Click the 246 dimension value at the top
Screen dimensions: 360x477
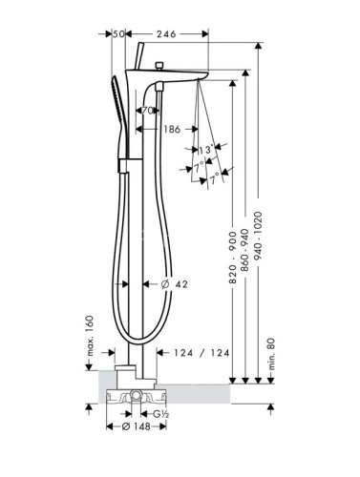point(166,33)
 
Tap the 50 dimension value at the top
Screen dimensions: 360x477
point(118,33)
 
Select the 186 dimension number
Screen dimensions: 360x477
point(172,129)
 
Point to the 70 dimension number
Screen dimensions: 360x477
point(147,111)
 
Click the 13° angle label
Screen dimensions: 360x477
point(206,149)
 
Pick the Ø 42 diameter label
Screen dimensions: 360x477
point(175,284)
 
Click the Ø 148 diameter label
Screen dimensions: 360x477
point(137,426)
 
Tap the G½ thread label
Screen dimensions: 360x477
point(160,414)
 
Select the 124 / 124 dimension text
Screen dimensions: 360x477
point(201,353)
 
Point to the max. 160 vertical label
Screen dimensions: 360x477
point(91,336)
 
